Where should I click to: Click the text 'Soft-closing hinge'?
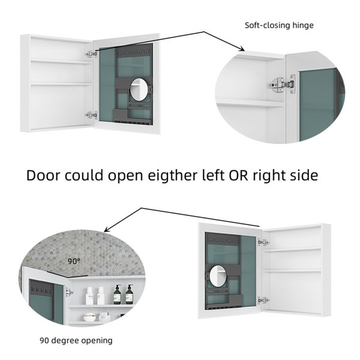coord(279,25)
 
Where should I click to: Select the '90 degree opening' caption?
coord(76,340)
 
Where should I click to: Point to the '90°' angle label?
coord(74,261)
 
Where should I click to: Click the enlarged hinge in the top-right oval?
coord(282,85)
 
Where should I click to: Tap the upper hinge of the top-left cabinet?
coord(92,54)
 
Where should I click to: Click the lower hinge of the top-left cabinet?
coord(92,115)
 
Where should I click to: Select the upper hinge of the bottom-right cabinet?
coord(263,242)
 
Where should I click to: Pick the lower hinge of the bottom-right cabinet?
coord(263,301)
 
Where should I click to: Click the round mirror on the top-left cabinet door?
coord(139,89)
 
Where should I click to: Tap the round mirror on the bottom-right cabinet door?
coord(218,276)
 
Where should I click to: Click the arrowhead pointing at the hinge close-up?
coord(242,49)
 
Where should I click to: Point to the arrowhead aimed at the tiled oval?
coord(107,229)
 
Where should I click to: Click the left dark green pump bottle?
coord(117,295)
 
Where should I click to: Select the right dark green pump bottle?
coord(129,295)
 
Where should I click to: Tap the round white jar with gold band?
coord(89,317)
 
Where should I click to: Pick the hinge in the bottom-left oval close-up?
coord(69,293)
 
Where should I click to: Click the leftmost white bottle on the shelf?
coord(89,296)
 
